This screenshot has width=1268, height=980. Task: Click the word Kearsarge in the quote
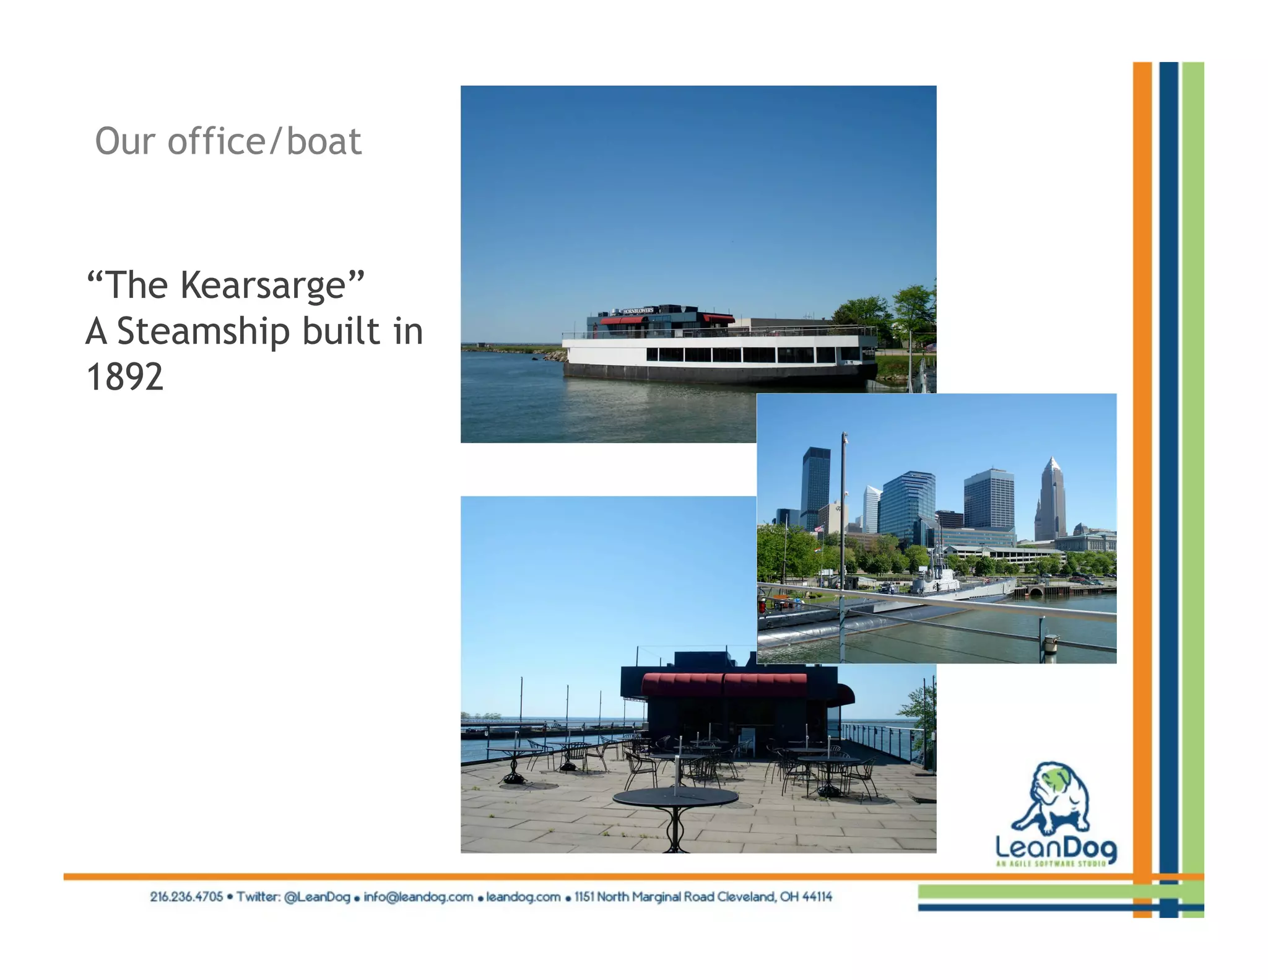pyautogui.click(x=263, y=286)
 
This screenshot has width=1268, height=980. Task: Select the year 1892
pyautogui.click(x=125, y=377)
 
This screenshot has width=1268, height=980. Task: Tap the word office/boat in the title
pyautogui.click(x=264, y=142)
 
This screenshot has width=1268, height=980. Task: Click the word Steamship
pyautogui.click(x=203, y=331)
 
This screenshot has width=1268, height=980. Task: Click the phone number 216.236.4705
pyautogui.click(x=186, y=897)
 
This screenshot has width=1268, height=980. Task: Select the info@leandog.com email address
pyautogui.click(x=419, y=897)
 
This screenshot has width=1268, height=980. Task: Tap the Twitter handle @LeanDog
pyautogui.click(x=317, y=897)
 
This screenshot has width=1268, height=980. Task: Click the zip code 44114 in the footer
pyautogui.click(x=817, y=897)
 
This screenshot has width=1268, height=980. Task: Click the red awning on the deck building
pyautogui.click(x=724, y=685)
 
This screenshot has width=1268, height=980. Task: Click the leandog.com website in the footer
pyautogui.click(x=523, y=897)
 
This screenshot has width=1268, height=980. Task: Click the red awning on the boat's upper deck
pyautogui.click(x=622, y=320)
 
